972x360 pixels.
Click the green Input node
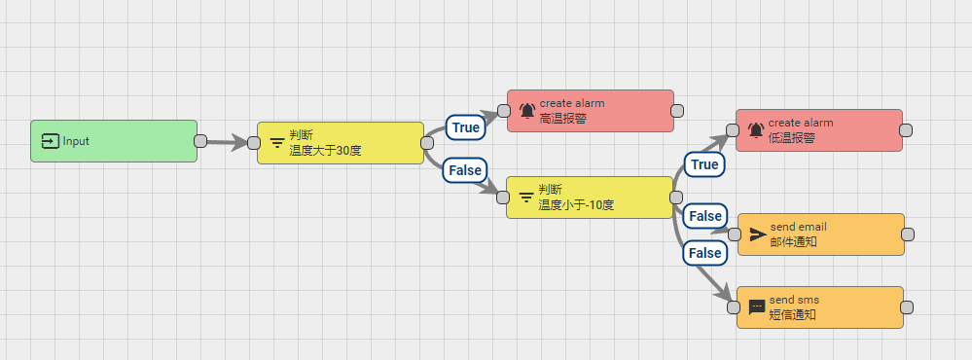point(114,141)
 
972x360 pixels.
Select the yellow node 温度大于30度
point(341,143)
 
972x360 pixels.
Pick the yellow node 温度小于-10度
point(590,197)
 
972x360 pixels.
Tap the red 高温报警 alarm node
point(591,111)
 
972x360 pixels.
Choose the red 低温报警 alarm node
point(819,130)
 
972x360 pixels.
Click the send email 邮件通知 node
point(821,234)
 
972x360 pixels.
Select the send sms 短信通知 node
point(821,307)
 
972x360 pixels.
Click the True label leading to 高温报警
point(466,127)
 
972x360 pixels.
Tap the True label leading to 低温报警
point(704,164)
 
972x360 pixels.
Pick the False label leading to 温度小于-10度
point(465,169)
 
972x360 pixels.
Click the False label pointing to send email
point(704,215)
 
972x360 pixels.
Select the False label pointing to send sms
point(704,253)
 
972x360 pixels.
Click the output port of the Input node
point(200,141)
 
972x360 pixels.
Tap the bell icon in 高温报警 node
point(526,111)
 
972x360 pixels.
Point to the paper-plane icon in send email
point(757,234)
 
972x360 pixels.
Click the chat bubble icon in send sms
point(757,307)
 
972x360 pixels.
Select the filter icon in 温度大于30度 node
point(277,144)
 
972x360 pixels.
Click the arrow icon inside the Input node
point(51,141)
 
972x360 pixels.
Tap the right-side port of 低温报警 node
point(906,130)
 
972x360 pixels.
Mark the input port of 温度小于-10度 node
point(503,198)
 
